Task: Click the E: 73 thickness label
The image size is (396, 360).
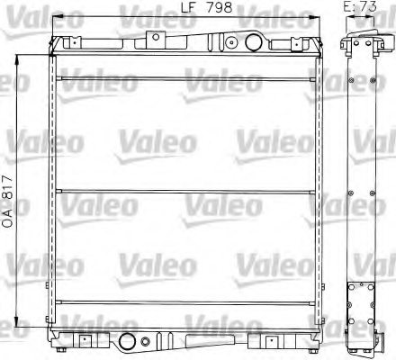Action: [x=359, y=8]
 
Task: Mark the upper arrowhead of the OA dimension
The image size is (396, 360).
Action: [x=19, y=56]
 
